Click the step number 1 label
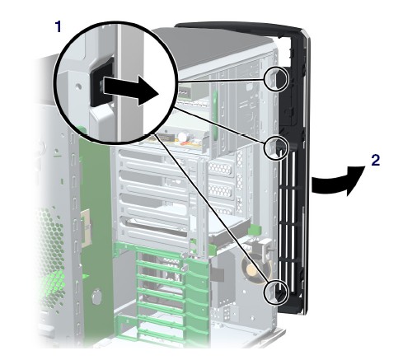click(58, 27)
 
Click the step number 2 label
click(375, 160)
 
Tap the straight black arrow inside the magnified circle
click(131, 90)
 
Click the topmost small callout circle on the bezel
click(276, 78)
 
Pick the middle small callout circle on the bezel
click(276, 148)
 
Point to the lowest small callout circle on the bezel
click(276, 292)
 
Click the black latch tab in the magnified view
click(101, 82)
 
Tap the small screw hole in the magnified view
click(79, 86)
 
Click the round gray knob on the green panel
click(96, 297)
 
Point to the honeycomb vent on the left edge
click(51, 247)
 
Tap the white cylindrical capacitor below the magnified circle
click(182, 137)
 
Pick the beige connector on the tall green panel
click(86, 227)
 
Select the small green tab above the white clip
click(255, 229)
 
